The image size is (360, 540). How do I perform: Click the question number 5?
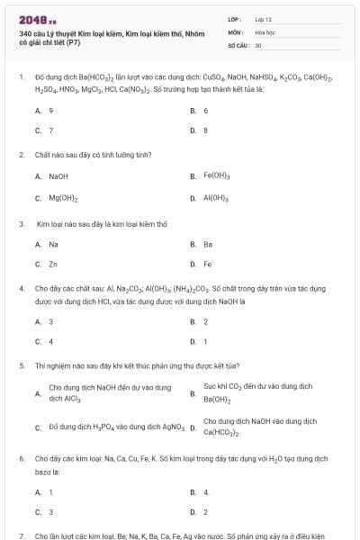22,366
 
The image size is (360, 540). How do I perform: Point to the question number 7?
22,535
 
